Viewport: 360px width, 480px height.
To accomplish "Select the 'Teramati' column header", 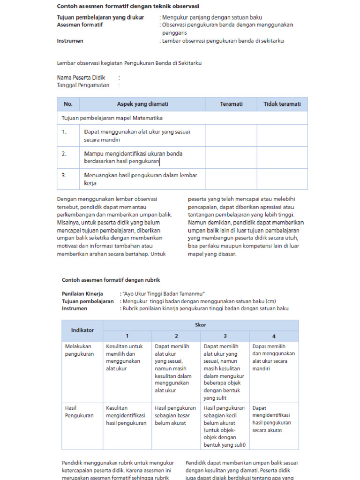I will (231, 104).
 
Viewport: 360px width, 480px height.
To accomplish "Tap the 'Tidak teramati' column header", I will (282, 104).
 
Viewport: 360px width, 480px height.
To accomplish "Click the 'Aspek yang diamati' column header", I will (142, 104).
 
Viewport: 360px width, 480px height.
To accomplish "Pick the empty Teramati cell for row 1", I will (231, 135).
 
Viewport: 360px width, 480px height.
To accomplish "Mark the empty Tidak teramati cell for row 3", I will (282, 179).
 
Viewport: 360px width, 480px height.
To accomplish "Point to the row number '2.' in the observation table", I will (64, 153).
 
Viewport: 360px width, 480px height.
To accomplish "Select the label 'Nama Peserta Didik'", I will (81, 77).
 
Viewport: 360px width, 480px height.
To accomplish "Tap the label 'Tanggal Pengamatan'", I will (83, 85).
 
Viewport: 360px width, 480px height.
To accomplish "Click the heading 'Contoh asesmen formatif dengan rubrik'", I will (111, 280).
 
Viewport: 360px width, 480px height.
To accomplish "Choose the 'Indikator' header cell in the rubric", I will (82, 330).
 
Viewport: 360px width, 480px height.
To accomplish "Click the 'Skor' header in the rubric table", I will (201, 325).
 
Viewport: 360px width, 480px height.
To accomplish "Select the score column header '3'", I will (225, 336).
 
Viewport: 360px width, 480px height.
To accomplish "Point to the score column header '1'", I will (127, 336).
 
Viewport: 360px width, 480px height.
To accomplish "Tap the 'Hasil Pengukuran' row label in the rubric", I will (79, 412).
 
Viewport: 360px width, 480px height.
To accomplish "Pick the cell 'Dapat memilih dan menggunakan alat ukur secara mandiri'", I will (273, 357).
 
